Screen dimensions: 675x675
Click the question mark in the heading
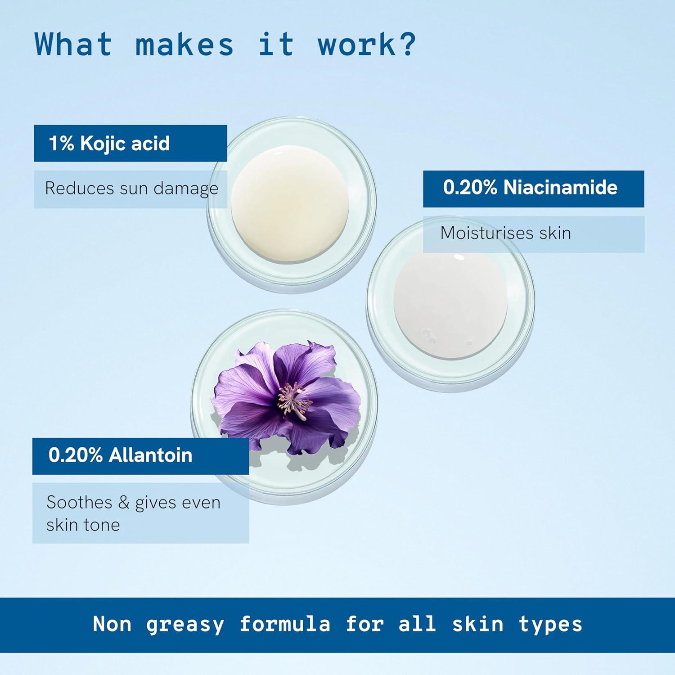coord(406,44)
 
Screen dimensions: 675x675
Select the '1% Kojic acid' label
coord(109,144)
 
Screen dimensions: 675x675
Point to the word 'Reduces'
coord(80,188)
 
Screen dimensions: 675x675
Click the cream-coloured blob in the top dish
coord(290,203)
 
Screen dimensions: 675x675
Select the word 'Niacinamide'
coord(560,188)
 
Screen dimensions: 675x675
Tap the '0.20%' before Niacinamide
coord(470,188)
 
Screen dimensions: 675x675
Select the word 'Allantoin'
coord(150,455)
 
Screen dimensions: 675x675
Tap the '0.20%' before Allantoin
coord(76,455)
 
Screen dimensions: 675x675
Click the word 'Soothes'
coord(79,502)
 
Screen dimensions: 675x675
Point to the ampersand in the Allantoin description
coord(124,502)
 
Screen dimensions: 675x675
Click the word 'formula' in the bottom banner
coord(285,624)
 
